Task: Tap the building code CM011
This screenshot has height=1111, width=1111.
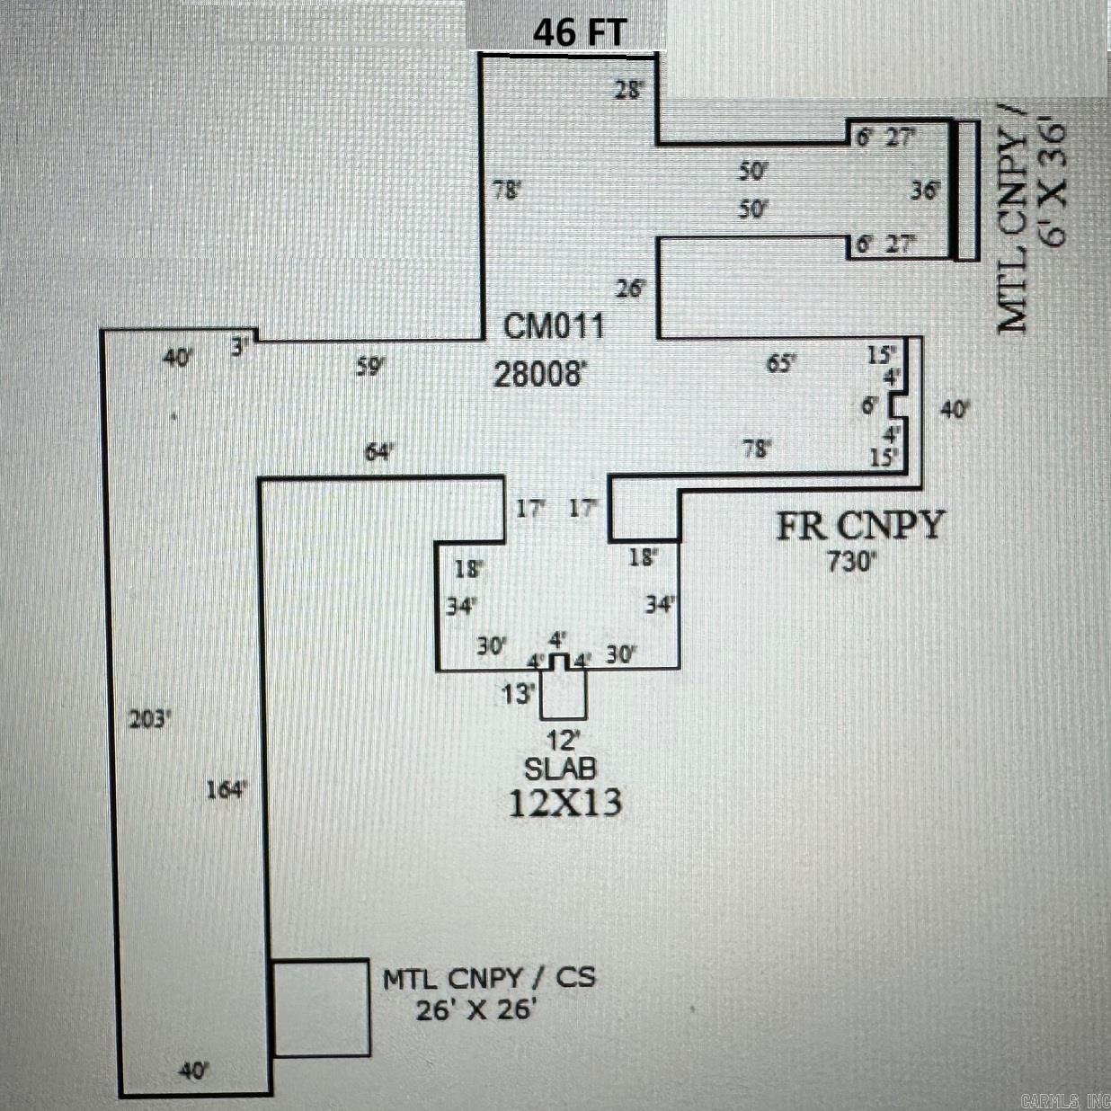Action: coord(553,325)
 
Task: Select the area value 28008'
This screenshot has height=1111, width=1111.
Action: coord(539,374)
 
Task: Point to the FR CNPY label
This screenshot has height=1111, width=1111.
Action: coord(860,526)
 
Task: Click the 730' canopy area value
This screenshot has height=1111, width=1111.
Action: coord(850,563)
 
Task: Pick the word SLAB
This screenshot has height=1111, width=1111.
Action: coord(561,769)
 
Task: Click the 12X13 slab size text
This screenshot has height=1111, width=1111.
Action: coord(564,803)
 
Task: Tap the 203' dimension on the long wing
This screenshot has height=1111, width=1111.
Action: coord(150,719)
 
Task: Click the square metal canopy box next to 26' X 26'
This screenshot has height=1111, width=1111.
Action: coord(321,1008)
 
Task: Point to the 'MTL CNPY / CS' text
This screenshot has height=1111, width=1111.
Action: coord(489,978)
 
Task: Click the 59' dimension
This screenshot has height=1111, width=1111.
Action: coord(369,367)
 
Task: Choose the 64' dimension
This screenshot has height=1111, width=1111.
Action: coord(379,452)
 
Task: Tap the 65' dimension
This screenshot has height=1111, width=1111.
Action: coord(780,363)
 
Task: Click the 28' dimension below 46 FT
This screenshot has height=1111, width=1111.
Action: coord(629,90)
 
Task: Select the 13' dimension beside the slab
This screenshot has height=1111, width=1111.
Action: coord(519,693)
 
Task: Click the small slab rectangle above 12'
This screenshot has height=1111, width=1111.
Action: coord(564,694)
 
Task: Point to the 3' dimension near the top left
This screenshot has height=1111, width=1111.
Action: coord(239,347)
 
